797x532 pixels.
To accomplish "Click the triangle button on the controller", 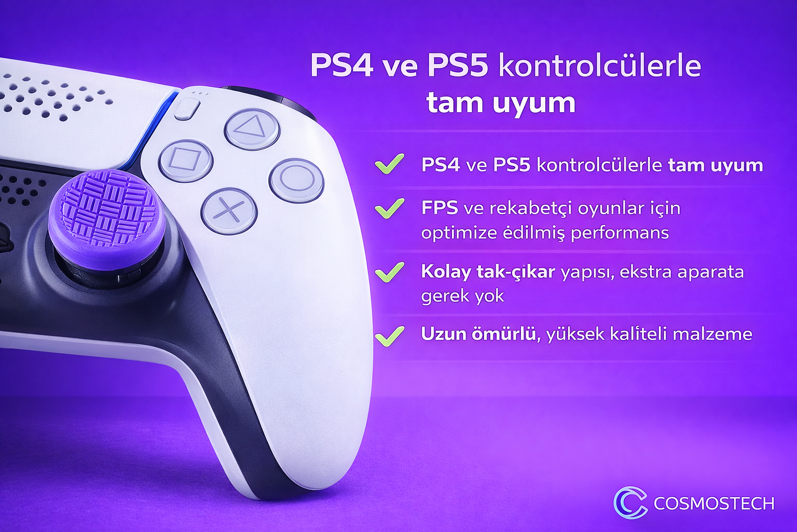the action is (252, 129).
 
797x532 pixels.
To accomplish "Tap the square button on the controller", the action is (186, 161).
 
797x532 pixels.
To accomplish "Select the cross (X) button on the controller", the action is (229, 210).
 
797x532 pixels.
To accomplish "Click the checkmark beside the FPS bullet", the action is (390, 208).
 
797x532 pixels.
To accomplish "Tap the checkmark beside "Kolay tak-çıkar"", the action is (390, 272).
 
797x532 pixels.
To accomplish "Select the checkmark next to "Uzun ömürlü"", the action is (390, 336).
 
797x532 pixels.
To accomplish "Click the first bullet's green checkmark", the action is (390, 164).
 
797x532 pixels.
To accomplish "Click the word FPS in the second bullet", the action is (439, 208).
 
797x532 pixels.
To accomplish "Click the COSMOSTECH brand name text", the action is (714, 503).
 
